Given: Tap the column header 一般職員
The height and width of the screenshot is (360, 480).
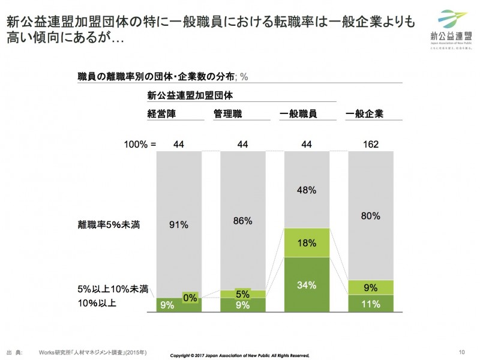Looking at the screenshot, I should [x=298, y=113].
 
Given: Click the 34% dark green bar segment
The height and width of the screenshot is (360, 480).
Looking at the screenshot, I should [x=307, y=284].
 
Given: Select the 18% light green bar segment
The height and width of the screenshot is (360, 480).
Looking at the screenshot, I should [x=307, y=242].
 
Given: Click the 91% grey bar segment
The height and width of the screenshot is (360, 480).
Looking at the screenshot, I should [x=179, y=225].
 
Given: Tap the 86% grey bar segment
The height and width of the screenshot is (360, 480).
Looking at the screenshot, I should [x=243, y=221].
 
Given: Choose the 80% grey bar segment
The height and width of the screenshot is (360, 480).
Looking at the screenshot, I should [x=371, y=215].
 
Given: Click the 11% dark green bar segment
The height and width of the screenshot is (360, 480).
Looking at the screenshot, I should [x=371, y=304].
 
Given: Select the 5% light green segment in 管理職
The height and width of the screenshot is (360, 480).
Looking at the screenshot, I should [x=243, y=294].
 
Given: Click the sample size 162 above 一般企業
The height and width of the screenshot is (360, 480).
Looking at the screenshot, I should [x=371, y=144].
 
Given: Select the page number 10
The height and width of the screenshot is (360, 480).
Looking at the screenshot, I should [x=461, y=352].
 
